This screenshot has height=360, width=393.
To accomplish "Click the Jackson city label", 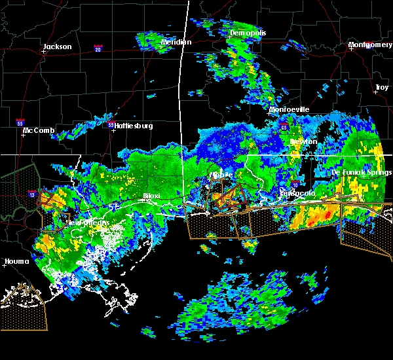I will [x=57, y=46].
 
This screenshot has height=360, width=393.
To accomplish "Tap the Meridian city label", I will [x=176, y=43].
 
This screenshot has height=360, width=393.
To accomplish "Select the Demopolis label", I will [x=246, y=33].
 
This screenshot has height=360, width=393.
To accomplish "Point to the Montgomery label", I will [x=370, y=45].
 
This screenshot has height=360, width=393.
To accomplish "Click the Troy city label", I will [x=382, y=87].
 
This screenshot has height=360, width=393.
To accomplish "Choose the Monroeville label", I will [x=289, y=109].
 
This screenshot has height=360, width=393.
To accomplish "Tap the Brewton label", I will [x=303, y=141].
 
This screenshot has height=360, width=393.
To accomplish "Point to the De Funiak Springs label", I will [x=362, y=172].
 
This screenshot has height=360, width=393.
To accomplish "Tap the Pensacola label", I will [x=297, y=194].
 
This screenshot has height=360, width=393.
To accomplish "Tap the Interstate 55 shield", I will [x=20, y=122].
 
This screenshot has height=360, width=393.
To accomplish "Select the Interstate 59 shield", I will [x=111, y=124].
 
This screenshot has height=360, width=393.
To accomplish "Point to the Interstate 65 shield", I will [x=283, y=127].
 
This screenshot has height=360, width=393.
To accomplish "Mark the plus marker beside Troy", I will [x=375, y=92].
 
